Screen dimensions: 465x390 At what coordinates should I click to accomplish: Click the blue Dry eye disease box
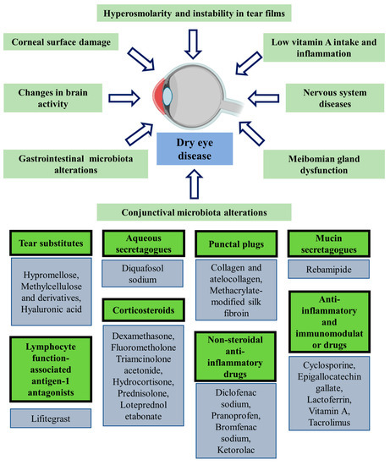(195, 149)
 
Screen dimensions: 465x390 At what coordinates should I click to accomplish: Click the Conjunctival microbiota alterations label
(194, 211)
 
